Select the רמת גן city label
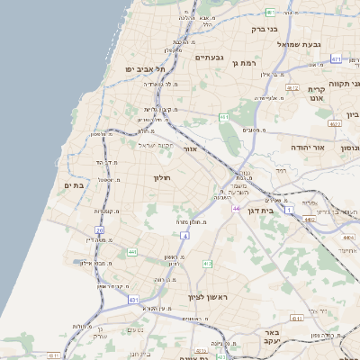[x=244, y=63]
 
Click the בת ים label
[x=73, y=184]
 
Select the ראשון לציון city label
[x=209, y=297]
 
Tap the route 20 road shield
[x=100, y=230]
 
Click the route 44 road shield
[x=236, y=209]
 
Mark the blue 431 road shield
[x=133, y=299]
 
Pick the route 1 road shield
[x=289, y=209]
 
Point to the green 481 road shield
[x=271, y=12]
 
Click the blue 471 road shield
[x=335, y=58]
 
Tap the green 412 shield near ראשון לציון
[x=207, y=264]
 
